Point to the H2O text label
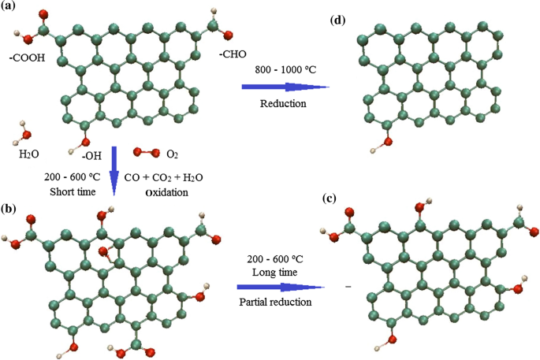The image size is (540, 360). (28, 155)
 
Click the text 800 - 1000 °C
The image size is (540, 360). (286, 71)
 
